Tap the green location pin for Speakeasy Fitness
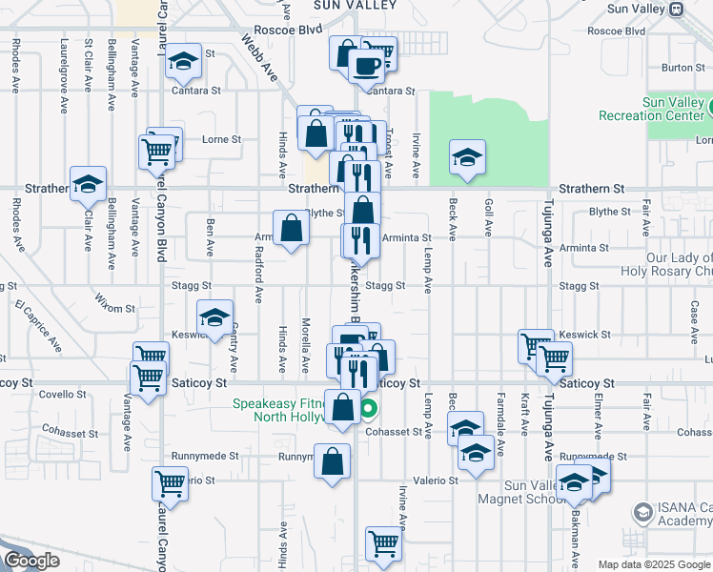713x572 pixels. [369, 411]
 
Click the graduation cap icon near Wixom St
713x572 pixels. [214, 318]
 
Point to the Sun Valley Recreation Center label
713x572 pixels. [652, 109]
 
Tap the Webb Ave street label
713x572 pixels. [259, 59]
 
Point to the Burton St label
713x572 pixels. [682, 68]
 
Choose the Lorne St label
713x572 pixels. [221, 139]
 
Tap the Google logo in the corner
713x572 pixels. [31, 561]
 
